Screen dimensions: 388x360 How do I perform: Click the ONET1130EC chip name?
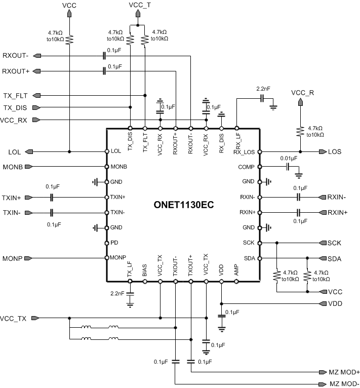(183, 206)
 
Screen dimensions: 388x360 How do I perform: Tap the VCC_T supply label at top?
(140, 5)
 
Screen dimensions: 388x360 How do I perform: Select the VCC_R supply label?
(302, 93)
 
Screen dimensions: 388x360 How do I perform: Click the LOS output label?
(335, 151)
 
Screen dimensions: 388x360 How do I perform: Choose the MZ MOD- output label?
(344, 384)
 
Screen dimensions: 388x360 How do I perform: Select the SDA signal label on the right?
(335, 259)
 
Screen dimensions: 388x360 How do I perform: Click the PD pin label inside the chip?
(114, 243)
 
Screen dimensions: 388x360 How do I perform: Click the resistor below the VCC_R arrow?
(300, 131)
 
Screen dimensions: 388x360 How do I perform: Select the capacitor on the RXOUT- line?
(104, 56)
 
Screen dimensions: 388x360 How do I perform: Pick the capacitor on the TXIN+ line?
(52, 198)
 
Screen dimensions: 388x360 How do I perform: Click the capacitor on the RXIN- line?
(299, 197)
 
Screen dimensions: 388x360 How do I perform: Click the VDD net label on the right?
(336, 303)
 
